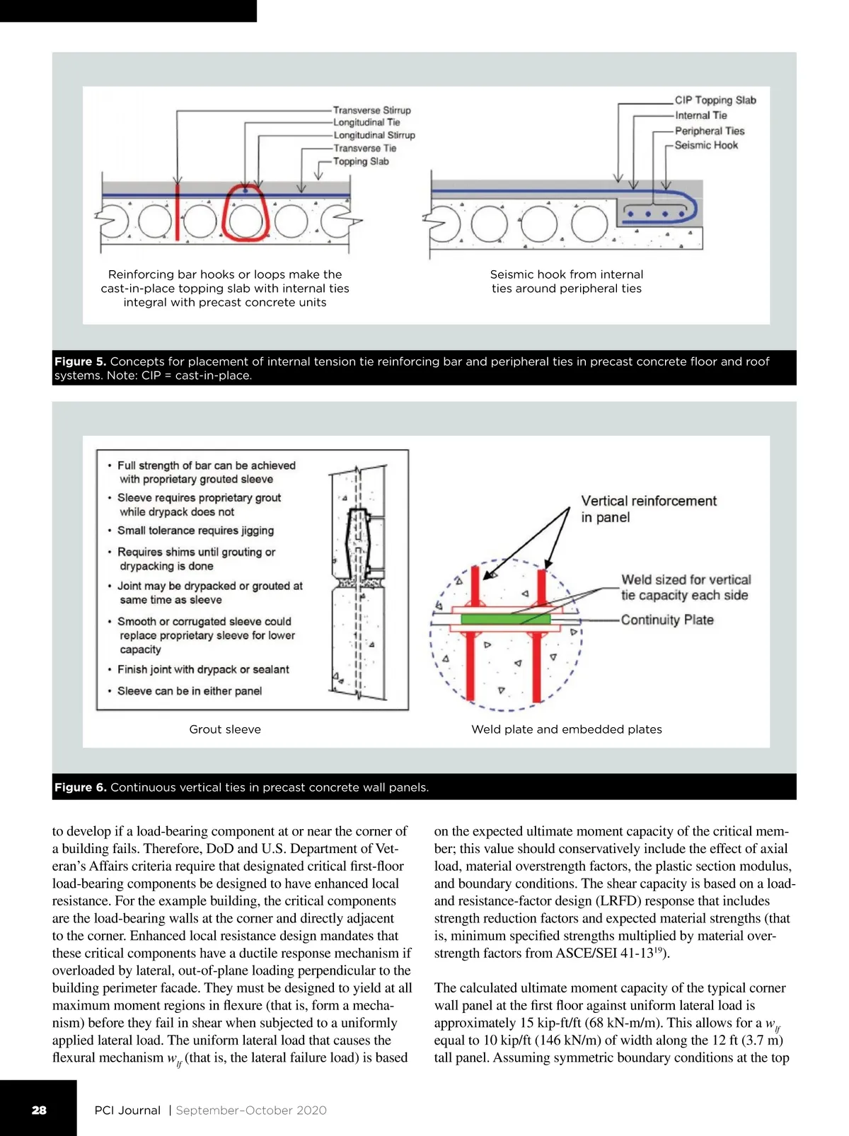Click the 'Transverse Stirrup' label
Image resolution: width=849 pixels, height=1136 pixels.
[x=371, y=110]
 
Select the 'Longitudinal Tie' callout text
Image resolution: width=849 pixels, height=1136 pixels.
[x=366, y=122]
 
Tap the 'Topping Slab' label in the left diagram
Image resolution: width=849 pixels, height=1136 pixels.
[x=361, y=161]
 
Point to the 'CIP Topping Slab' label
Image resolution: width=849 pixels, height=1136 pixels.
[x=715, y=100]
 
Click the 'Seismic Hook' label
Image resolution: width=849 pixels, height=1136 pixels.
[x=706, y=146]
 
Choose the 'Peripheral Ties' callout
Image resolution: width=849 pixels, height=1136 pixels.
[x=709, y=131]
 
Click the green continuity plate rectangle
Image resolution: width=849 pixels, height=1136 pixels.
[x=505, y=619]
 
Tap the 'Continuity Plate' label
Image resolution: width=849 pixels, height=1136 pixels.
[x=666, y=620]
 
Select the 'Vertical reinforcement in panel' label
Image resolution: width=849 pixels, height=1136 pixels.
[x=649, y=509]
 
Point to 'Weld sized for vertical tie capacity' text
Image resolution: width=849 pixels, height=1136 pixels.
[x=686, y=587]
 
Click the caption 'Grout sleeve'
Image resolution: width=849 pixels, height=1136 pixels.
[x=225, y=729]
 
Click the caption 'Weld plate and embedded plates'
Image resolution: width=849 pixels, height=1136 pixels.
[x=566, y=729]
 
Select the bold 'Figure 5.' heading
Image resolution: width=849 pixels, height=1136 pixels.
[x=80, y=361]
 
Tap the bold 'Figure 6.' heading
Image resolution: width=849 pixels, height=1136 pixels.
[x=80, y=787]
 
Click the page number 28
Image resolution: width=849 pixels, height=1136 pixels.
[x=39, y=1110]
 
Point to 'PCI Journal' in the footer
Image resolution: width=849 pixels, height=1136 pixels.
[x=127, y=1110]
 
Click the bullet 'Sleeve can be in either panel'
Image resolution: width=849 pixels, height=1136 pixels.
[x=190, y=691]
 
